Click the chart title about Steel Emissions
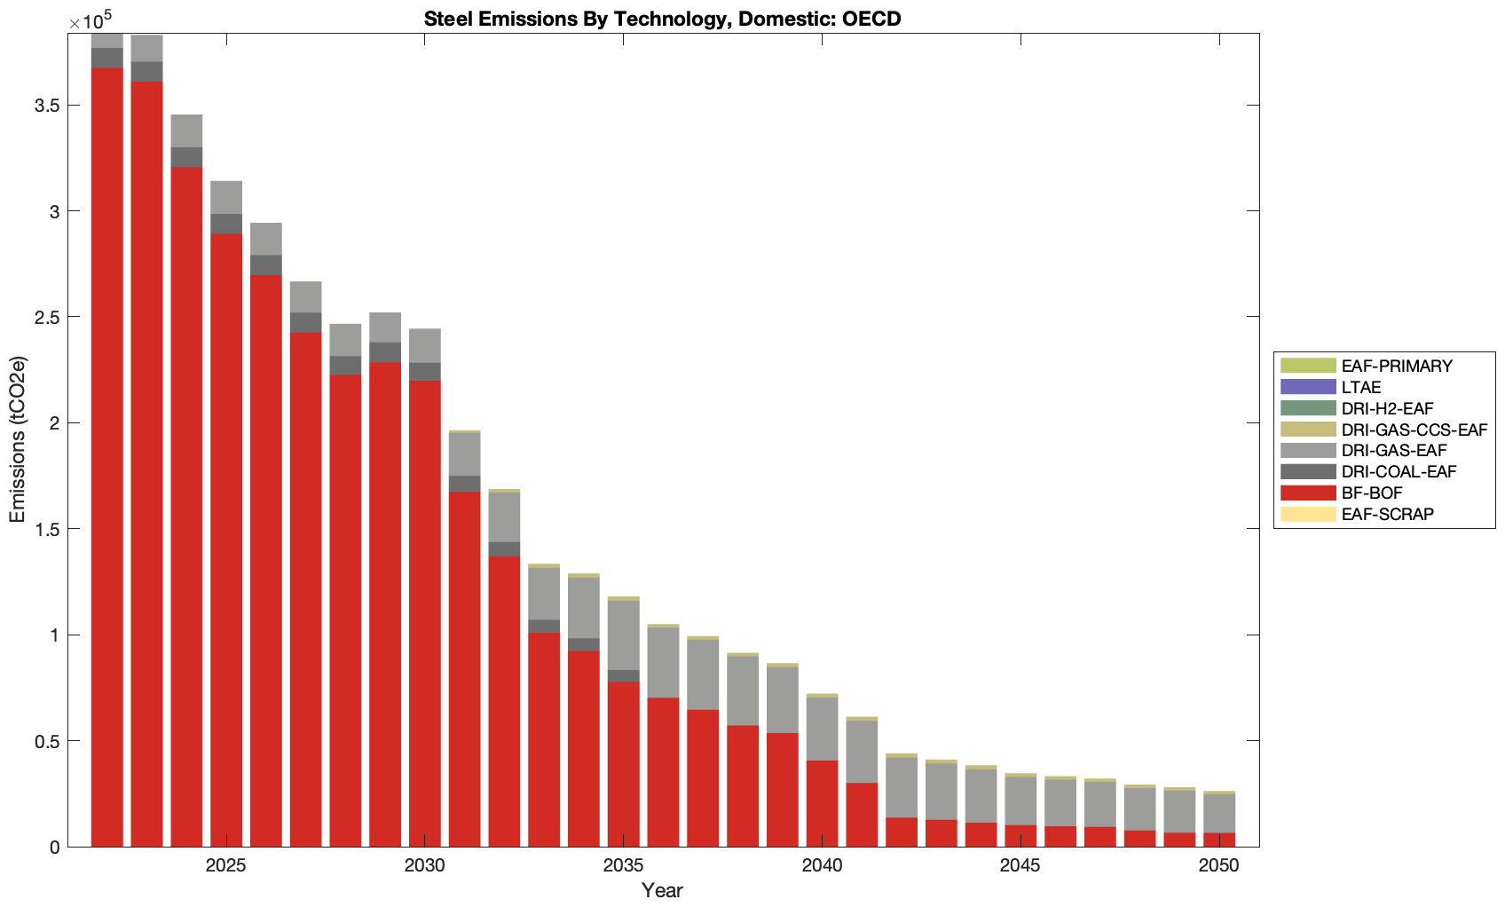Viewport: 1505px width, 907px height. click(662, 19)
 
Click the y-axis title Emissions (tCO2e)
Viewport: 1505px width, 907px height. click(18, 439)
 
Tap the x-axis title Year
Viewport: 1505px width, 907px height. click(662, 890)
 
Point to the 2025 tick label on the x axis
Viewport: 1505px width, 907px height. click(225, 866)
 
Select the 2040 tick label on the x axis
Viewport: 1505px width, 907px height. click(822, 866)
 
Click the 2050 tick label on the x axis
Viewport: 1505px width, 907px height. click(1218, 866)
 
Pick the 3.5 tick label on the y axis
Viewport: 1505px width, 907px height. click(47, 106)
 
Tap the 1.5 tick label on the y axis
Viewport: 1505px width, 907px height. click(47, 529)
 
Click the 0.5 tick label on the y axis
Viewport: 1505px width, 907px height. click(47, 741)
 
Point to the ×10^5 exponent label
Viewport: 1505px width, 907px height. click(91, 19)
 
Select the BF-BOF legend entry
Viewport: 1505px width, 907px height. click(1371, 493)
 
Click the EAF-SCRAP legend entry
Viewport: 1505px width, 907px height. click(1387, 514)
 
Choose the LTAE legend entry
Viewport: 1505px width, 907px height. click(1360, 387)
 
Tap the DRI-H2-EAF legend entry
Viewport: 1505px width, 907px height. click(1387, 408)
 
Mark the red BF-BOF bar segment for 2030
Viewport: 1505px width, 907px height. click(425, 612)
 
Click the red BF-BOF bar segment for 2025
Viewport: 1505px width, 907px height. click(226, 541)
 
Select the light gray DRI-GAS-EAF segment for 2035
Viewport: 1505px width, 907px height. click(624, 635)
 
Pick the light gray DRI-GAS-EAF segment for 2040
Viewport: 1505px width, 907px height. click(822, 729)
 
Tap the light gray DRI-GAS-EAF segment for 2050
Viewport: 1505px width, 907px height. click(1219, 813)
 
